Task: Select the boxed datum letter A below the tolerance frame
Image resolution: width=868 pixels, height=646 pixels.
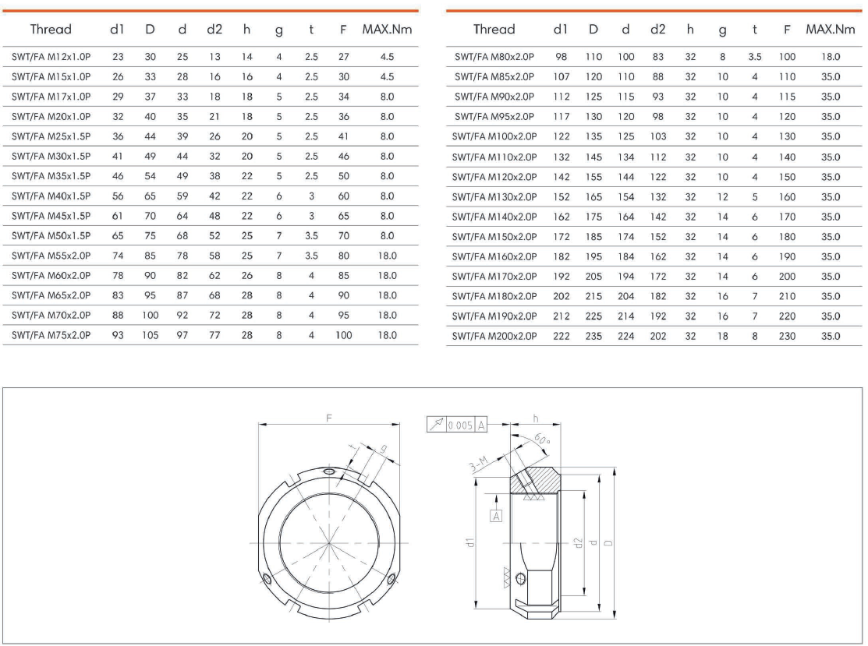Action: (495, 514)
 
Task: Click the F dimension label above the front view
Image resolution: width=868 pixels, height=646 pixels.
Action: (329, 418)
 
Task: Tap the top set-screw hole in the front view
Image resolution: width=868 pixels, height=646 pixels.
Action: (330, 472)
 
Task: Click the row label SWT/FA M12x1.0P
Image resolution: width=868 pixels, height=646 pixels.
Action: (51, 57)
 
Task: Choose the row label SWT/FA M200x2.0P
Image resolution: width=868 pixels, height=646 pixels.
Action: (494, 336)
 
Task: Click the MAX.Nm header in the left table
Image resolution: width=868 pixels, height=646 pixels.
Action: (387, 30)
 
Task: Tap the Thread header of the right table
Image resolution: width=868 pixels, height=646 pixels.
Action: (494, 30)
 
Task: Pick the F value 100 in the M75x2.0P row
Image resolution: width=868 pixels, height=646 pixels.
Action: (343, 336)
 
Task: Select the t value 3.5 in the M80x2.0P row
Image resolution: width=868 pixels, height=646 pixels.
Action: (755, 57)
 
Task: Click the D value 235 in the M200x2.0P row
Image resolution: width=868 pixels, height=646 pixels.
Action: (593, 336)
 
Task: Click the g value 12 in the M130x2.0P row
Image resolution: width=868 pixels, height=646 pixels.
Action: (722, 196)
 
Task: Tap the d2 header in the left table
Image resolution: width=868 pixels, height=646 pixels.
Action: (214, 30)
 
